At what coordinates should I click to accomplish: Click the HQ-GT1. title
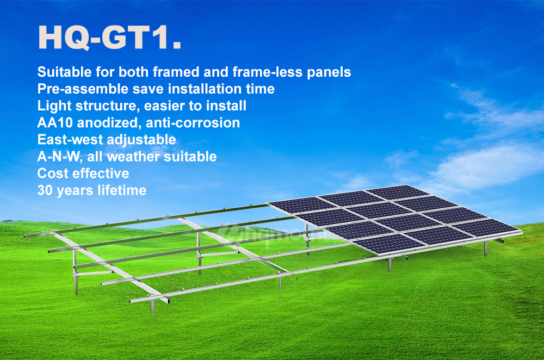pos(109,38)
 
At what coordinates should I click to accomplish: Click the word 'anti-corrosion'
pos(193,123)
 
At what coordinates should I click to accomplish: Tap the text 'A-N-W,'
pos(60,157)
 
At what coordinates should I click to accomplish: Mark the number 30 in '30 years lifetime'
pos(45,190)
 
